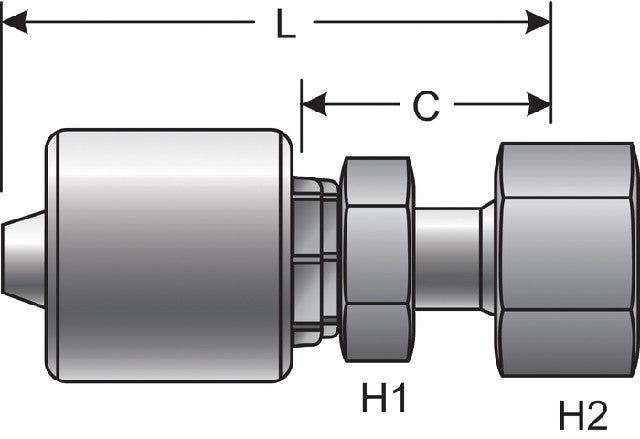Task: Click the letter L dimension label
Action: click(x=286, y=24)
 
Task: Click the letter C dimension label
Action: click(x=426, y=106)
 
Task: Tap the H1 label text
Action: click(x=384, y=397)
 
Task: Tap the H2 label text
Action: click(x=583, y=415)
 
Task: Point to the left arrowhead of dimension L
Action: click(x=15, y=22)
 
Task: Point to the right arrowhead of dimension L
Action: click(x=538, y=22)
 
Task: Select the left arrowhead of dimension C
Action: click(x=314, y=104)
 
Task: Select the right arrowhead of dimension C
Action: click(x=539, y=104)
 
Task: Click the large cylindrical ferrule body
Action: click(x=169, y=255)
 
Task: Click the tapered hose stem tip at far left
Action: click(x=23, y=259)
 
